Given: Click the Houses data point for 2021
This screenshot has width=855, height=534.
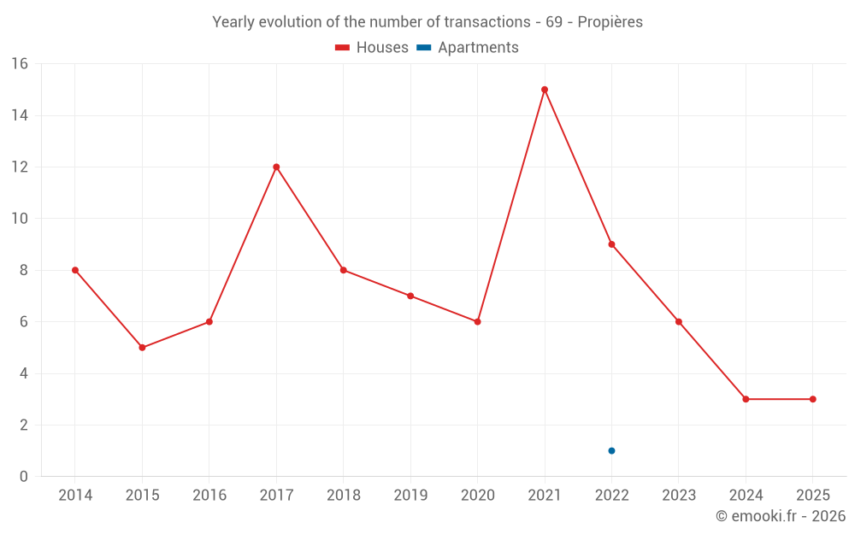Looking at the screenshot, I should click(x=545, y=90).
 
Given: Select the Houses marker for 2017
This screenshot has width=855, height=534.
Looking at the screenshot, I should click(x=276, y=167).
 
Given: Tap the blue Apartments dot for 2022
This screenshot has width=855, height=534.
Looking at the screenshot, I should click(x=611, y=450).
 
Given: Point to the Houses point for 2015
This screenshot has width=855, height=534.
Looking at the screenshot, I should click(x=142, y=348).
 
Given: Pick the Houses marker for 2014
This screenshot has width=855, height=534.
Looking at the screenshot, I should click(x=75, y=270).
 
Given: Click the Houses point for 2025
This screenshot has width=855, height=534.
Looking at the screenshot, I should click(x=812, y=399).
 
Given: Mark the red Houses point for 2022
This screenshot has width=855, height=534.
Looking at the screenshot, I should click(x=611, y=244).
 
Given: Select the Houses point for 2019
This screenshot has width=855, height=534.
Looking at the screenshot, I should click(x=410, y=296).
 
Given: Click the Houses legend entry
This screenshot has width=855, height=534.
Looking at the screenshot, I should click(x=372, y=48).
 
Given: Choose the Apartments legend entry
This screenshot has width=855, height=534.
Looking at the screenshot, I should click(x=468, y=48).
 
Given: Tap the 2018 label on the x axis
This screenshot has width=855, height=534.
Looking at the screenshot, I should click(x=343, y=495).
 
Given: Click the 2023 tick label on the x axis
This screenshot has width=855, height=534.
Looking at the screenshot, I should click(x=678, y=495).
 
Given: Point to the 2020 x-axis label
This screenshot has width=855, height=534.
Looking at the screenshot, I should click(x=477, y=495).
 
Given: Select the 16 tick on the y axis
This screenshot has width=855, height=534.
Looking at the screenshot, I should click(x=20, y=64).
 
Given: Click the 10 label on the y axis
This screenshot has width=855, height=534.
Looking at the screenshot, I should click(x=20, y=219).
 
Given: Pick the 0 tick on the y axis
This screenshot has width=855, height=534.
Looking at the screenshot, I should click(x=24, y=477).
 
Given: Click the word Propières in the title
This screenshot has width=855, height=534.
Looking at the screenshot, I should click(x=610, y=22).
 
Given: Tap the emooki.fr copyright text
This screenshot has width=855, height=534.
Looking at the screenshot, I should click(x=780, y=516).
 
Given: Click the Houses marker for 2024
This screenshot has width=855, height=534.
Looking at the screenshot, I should click(x=746, y=399).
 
